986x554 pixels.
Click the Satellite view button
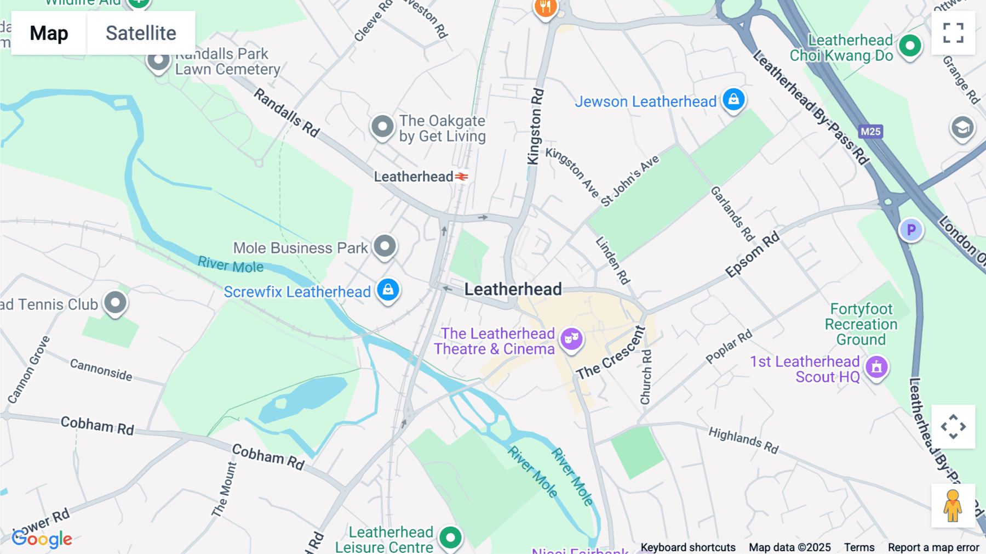[x=141, y=33]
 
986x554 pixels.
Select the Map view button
[x=49, y=33]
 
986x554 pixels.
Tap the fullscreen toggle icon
[x=953, y=33]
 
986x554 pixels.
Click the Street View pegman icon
[x=953, y=505]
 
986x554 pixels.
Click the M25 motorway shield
[x=870, y=132]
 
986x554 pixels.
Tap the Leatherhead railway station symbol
[x=462, y=177]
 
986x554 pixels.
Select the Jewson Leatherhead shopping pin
[x=733, y=100]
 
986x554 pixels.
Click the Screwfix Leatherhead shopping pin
[x=388, y=290]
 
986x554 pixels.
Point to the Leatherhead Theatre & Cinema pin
[x=571, y=339]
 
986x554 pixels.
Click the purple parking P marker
[x=911, y=230]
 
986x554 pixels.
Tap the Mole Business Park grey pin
[x=385, y=246]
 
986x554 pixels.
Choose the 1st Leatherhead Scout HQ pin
[x=876, y=368]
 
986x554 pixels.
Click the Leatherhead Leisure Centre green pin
[x=450, y=538]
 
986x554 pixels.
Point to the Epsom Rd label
[x=752, y=255]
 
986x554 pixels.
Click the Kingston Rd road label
[x=535, y=126]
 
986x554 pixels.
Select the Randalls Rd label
[x=286, y=113]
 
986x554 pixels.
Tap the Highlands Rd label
[x=743, y=440]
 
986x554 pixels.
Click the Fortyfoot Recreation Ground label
[x=861, y=324]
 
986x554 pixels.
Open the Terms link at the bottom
[x=859, y=547]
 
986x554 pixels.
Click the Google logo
[x=42, y=539]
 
